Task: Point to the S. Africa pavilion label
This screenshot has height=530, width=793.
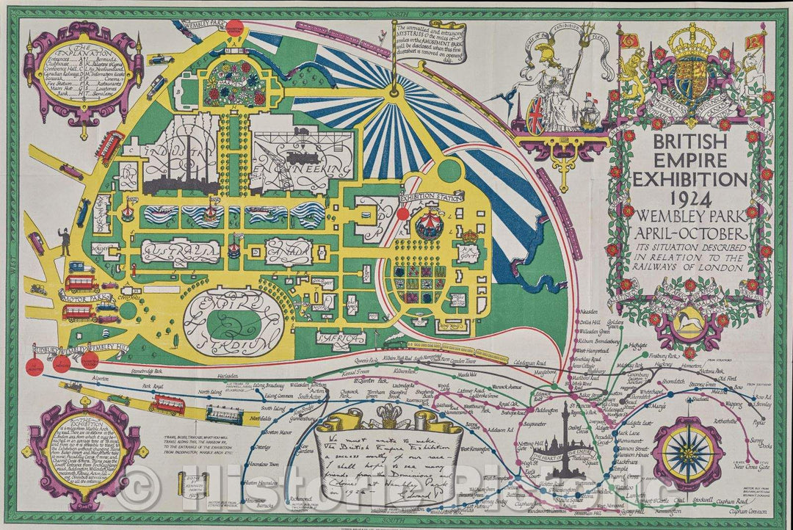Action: coord(340,337)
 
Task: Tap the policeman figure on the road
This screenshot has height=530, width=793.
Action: coord(65,241)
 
